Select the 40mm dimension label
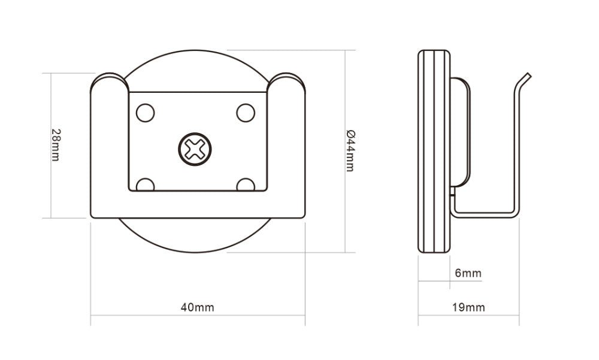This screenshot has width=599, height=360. tap(197, 308)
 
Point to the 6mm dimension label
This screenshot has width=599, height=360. tap(468, 274)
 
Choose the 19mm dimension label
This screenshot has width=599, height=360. tap(468, 308)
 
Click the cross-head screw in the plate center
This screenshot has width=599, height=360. tap(195, 148)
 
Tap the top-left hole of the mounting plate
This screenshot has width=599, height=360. tap(145, 113)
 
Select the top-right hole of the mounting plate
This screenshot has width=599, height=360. tap(246, 113)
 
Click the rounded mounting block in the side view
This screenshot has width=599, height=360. tap(460, 132)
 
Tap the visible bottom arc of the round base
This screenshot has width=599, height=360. tap(198, 243)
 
